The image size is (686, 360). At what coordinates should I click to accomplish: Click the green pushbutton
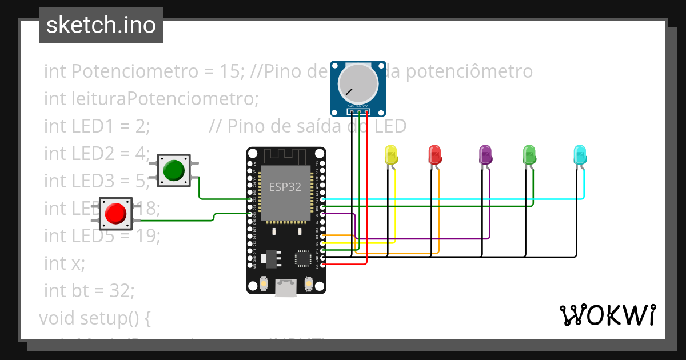coord(174,170)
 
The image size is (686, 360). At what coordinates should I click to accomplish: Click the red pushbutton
coord(115,214)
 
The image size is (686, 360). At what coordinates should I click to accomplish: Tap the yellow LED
coord(391,155)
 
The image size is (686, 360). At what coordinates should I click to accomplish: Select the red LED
coord(434,155)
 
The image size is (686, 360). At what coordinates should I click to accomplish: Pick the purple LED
coord(485,155)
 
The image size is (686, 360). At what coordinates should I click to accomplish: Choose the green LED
coord(529,155)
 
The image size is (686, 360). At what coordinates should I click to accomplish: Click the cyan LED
coord(579,155)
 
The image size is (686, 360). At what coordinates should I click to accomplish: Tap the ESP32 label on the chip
coord(285,187)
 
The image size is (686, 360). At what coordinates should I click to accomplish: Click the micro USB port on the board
coord(286,287)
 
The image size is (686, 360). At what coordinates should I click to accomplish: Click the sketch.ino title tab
coord(101,25)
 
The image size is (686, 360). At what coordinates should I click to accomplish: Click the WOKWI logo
coord(607,315)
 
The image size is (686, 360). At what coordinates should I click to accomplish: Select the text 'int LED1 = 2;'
coord(97,126)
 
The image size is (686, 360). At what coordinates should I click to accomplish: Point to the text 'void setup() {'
coord(94,318)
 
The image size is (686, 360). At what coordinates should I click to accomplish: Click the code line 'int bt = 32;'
coord(89,291)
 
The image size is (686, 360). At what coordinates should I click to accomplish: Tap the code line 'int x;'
coord(64,263)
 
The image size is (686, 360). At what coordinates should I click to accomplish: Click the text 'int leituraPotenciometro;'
coord(151,99)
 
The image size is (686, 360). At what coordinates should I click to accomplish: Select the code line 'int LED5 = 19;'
coord(102,236)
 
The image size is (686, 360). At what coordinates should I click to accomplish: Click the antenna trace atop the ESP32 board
coord(286,155)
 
